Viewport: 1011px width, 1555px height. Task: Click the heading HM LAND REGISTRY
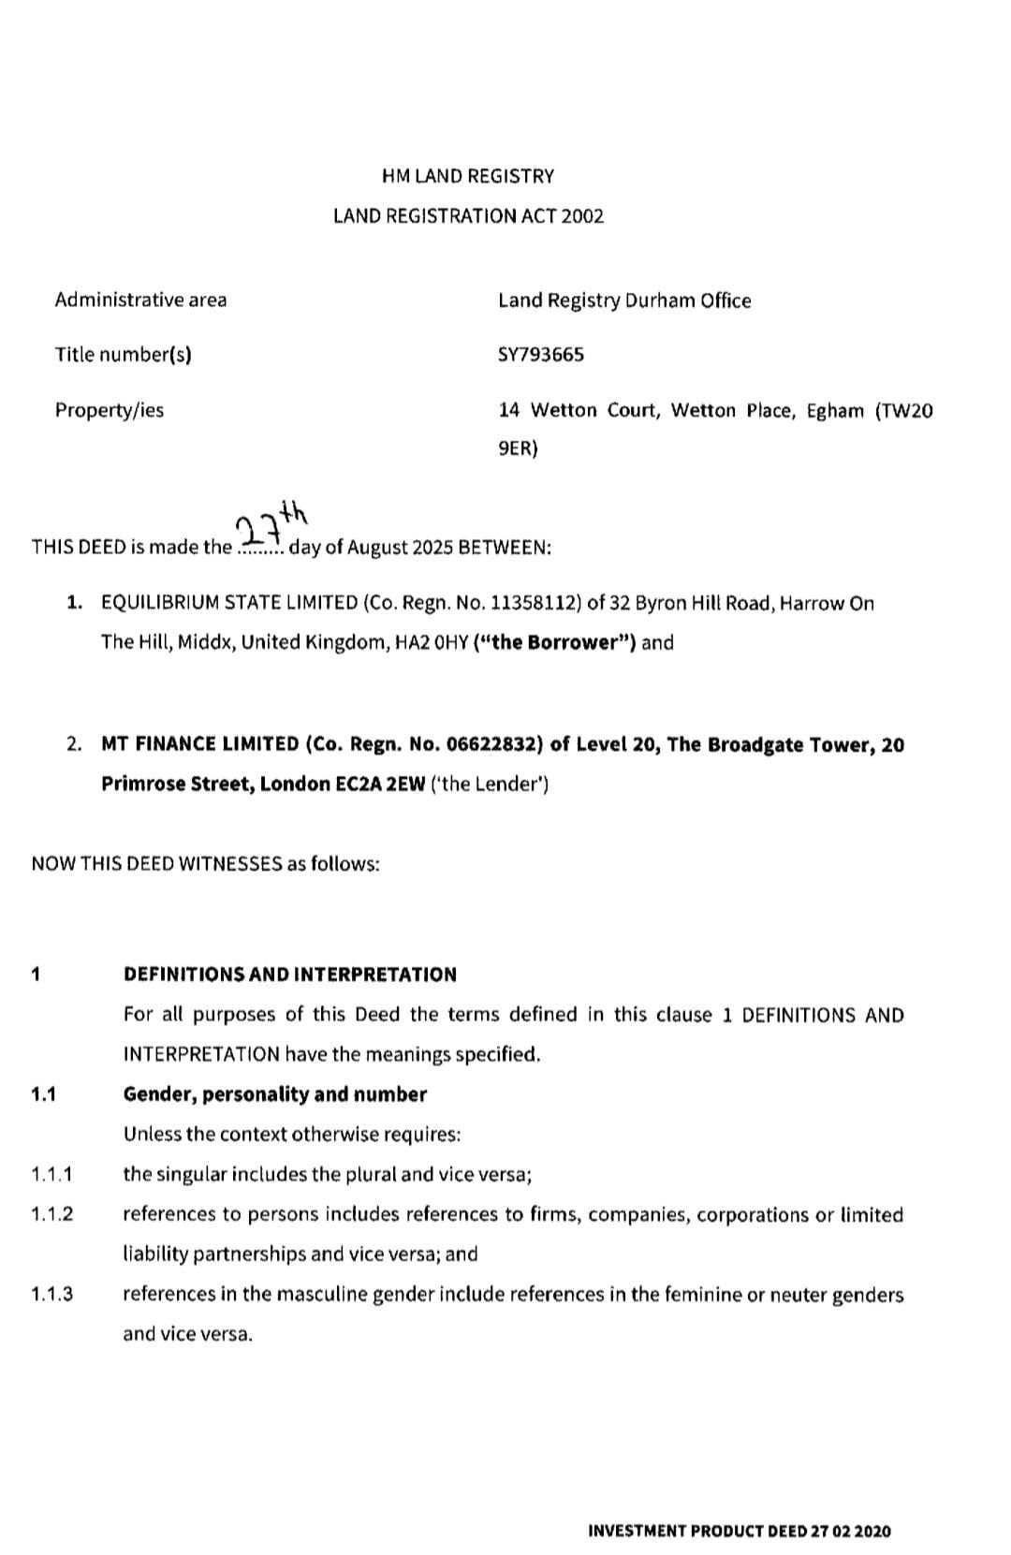(x=468, y=176)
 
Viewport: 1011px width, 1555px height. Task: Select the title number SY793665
(x=541, y=355)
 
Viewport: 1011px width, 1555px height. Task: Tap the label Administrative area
(x=140, y=301)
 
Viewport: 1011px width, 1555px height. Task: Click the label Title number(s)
(x=123, y=355)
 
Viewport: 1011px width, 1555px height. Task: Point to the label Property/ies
(x=109, y=410)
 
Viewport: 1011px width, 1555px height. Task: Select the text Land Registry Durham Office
(x=624, y=301)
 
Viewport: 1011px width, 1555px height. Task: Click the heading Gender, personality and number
(x=274, y=1094)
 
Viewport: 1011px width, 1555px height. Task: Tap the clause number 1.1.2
(x=51, y=1215)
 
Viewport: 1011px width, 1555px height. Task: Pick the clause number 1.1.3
(x=51, y=1295)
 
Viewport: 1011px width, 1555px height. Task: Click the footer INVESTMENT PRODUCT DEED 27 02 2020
(x=740, y=1532)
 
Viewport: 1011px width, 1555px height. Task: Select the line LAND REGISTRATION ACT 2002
(x=468, y=216)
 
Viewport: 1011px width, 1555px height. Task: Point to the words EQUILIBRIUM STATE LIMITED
(x=229, y=604)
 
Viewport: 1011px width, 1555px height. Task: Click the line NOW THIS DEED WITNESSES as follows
(x=205, y=863)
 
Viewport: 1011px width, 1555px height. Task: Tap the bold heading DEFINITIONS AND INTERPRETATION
(x=290, y=975)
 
